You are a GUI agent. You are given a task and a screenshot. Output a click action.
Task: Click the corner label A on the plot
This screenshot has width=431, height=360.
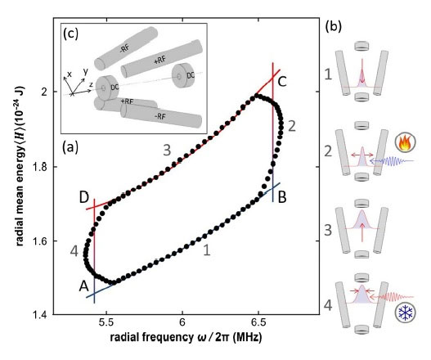84,286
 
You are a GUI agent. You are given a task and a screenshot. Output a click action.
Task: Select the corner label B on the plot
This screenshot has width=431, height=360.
282,197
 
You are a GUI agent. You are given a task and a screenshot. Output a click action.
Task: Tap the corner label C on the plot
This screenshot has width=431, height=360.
282,81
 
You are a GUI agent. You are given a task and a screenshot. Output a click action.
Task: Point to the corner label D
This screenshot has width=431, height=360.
84,198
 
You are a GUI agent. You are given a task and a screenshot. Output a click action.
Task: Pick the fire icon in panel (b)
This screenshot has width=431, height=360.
405,142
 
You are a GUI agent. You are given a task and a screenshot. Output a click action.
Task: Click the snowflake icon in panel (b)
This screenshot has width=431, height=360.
405,313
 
